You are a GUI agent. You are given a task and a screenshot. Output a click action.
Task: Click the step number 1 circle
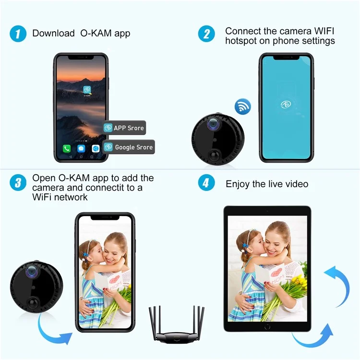click(18, 34)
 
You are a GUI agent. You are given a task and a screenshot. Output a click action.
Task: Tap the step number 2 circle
click(207, 34)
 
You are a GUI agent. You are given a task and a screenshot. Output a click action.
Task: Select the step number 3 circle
click(18, 183)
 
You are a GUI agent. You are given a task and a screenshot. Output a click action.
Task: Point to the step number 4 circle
click(207, 183)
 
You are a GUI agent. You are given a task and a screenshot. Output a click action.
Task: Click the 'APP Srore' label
click(124, 128)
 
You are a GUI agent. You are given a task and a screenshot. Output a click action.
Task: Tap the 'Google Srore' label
click(129, 147)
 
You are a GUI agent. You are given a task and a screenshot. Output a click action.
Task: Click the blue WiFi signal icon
click(243, 106)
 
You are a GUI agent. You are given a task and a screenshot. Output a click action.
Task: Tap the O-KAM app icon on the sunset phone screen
click(87, 90)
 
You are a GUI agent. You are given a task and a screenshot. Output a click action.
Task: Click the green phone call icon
click(67, 149)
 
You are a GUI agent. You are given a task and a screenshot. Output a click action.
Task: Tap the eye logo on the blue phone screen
click(286, 104)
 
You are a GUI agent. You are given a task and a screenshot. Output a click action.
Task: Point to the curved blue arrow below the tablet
click(312, 338)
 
